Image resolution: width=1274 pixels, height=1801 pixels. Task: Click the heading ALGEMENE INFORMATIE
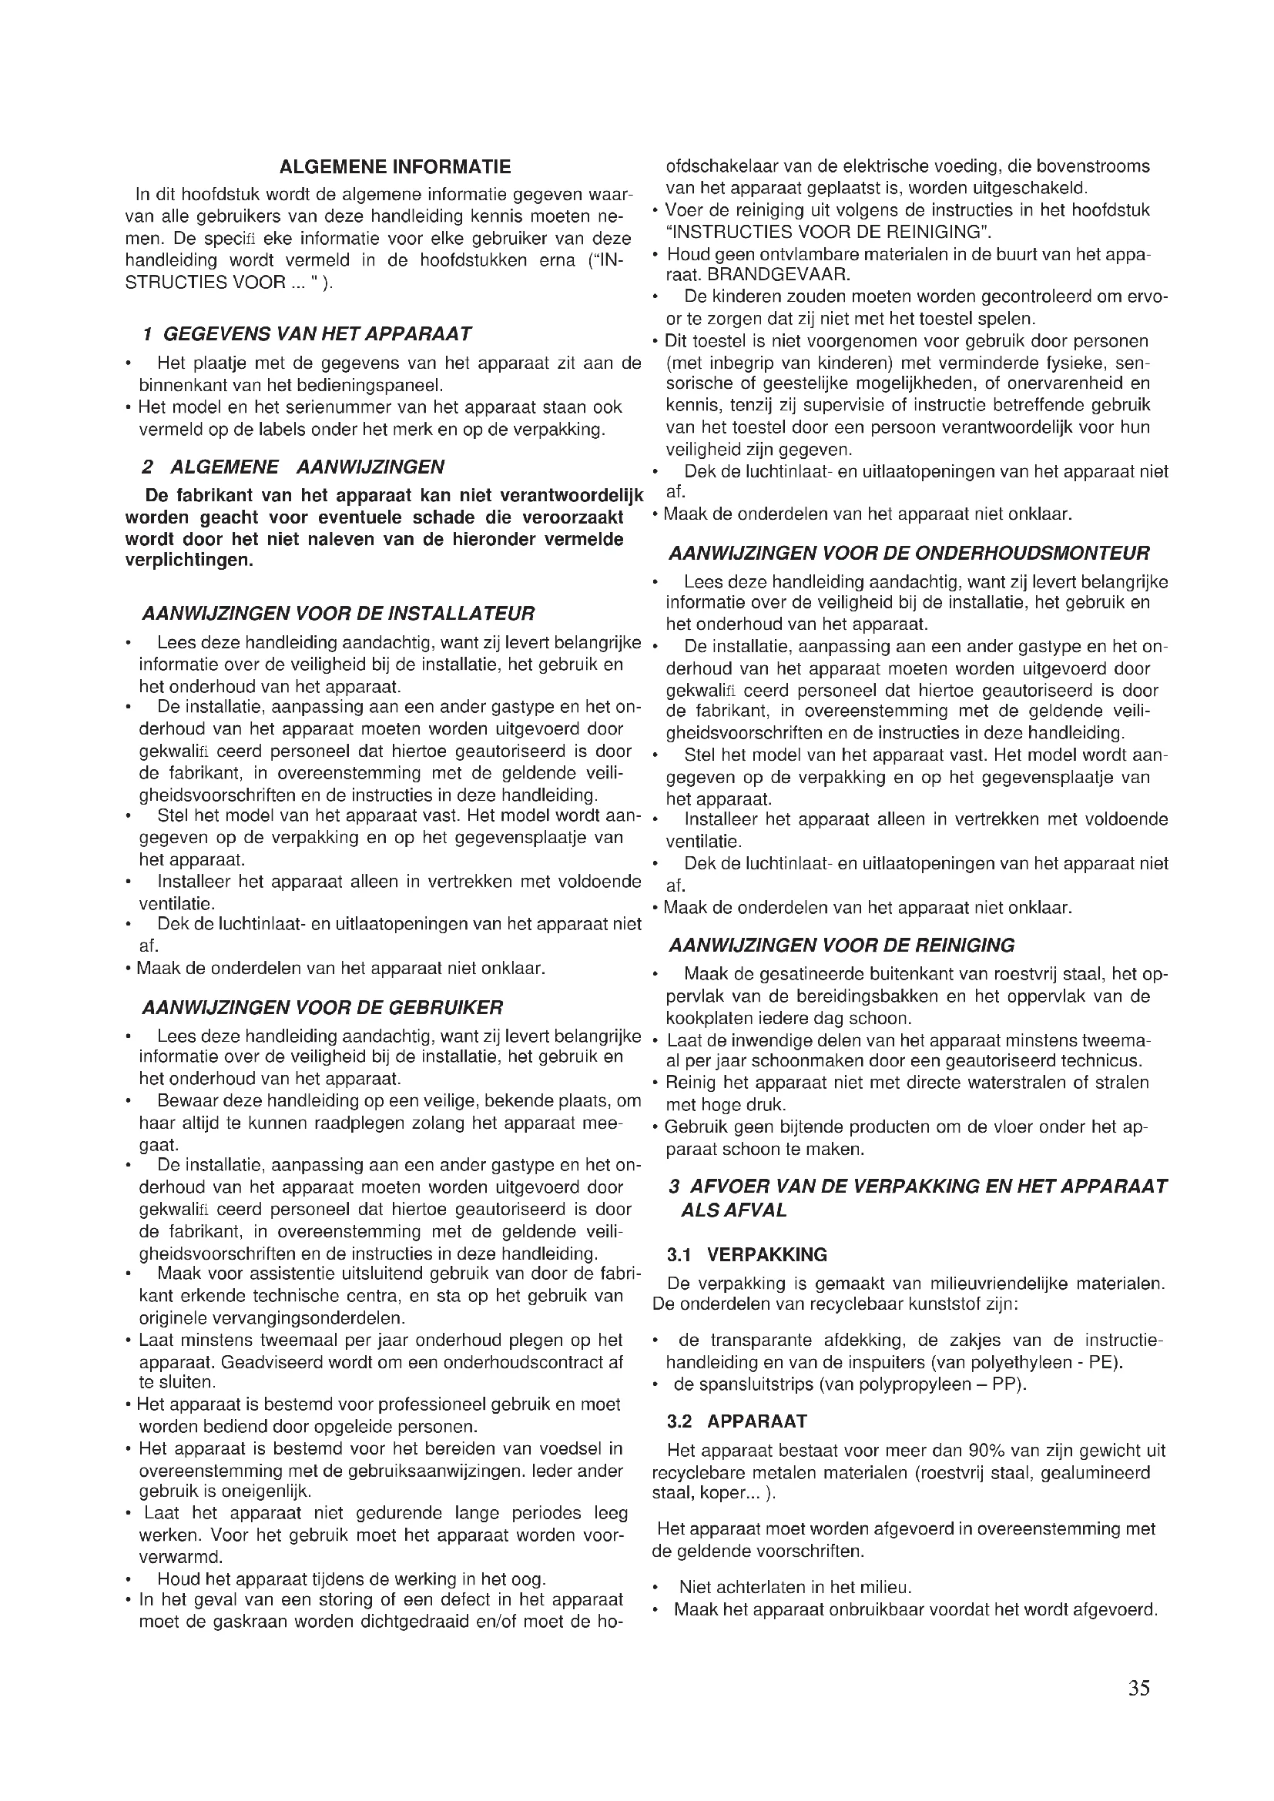(x=394, y=167)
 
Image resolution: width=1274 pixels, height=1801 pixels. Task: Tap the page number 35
(x=1139, y=1688)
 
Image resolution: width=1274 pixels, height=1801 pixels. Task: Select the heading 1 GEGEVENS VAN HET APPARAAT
(x=307, y=334)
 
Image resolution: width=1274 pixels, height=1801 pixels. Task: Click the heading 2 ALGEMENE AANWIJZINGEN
(x=293, y=467)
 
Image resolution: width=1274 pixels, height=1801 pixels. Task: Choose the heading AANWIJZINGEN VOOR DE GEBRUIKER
(x=323, y=1007)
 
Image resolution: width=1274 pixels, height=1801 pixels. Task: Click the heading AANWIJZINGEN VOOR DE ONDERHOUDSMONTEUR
(x=909, y=554)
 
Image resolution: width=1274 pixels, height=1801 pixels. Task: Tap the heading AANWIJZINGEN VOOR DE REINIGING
(x=841, y=946)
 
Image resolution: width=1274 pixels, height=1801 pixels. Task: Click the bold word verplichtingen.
(x=189, y=561)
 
